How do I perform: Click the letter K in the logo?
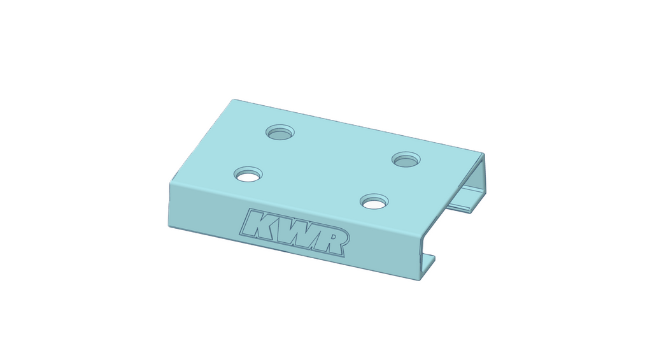click(x=257, y=224)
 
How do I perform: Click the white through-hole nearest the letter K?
click(x=248, y=176)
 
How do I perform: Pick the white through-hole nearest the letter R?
click(x=374, y=204)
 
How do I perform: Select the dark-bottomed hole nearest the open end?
click(x=406, y=160)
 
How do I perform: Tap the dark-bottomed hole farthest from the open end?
click(x=280, y=133)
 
